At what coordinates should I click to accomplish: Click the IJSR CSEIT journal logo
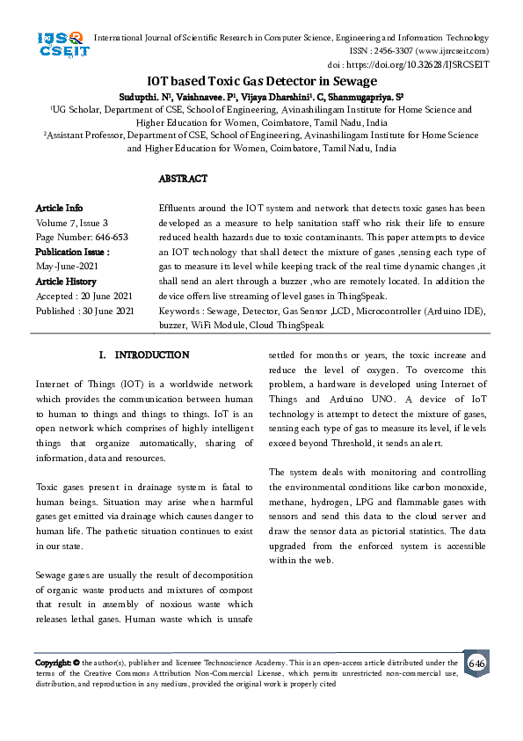tap(60, 43)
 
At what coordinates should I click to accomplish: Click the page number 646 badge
tap(476, 663)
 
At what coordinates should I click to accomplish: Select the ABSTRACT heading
tap(183, 179)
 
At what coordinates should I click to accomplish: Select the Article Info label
tap(59, 208)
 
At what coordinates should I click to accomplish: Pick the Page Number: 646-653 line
tap(82, 237)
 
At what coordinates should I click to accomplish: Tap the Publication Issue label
tap(72, 252)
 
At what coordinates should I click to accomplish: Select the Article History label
tap(67, 281)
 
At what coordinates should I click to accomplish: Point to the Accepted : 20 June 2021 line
tap(84, 296)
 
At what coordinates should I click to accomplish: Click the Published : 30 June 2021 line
tap(84, 311)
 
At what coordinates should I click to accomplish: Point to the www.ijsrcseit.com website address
tap(448, 51)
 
